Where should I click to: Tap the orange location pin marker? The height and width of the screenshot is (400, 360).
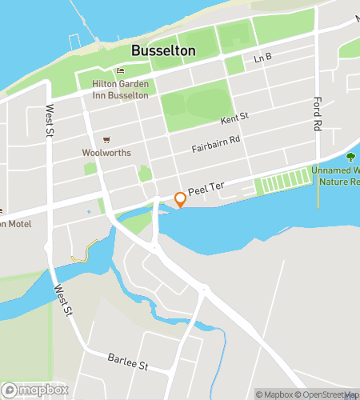pos(181,199)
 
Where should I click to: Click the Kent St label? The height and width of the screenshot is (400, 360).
pos(234,118)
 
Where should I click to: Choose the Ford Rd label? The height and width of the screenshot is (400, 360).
pos(318,114)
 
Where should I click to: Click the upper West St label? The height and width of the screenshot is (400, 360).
pos(50,119)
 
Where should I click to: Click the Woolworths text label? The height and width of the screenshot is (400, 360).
pos(106,151)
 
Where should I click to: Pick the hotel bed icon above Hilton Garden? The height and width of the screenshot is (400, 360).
pos(121,72)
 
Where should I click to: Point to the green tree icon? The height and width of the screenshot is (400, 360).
pos(350,157)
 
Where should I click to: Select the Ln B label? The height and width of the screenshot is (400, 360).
pos(263,59)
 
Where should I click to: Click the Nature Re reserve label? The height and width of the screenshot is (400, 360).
pos(339,182)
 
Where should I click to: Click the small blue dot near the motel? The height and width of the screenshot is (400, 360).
pos(89,212)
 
